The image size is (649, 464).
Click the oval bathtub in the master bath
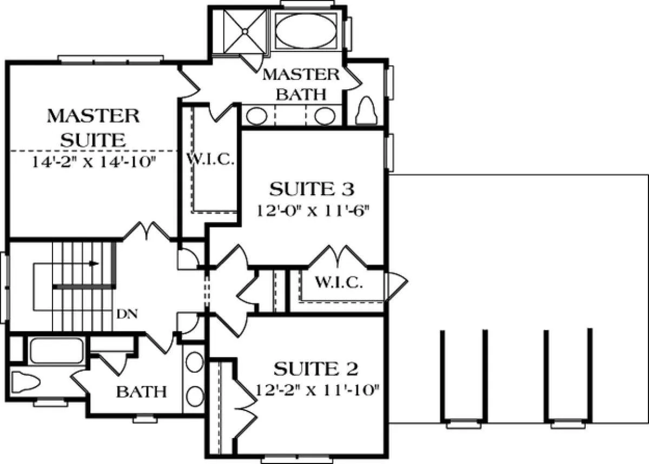click(306, 31)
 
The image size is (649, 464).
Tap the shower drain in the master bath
click(245, 31)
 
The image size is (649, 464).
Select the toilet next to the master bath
click(366, 110)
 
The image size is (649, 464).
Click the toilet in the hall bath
click(25, 382)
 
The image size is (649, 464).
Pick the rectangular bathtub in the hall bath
click(57, 351)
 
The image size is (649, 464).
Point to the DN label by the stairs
click(127, 314)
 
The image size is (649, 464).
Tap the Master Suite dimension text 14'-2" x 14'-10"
click(94, 162)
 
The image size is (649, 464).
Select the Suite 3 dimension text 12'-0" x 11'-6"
click(314, 211)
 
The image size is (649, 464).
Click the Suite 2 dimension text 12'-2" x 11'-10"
click(317, 390)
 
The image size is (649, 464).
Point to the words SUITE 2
click(316, 369)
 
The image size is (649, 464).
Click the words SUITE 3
click(312, 189)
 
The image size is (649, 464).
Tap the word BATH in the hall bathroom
click(141, 392)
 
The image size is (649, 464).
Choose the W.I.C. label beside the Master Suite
click(210, 160)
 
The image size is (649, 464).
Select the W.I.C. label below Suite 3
click(339, 282)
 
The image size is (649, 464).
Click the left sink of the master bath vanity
click(257, 116)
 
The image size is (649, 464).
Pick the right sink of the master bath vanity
click(325, 116)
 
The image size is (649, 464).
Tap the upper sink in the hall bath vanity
click(194, 362)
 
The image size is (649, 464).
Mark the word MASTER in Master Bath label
click(301, 75)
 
